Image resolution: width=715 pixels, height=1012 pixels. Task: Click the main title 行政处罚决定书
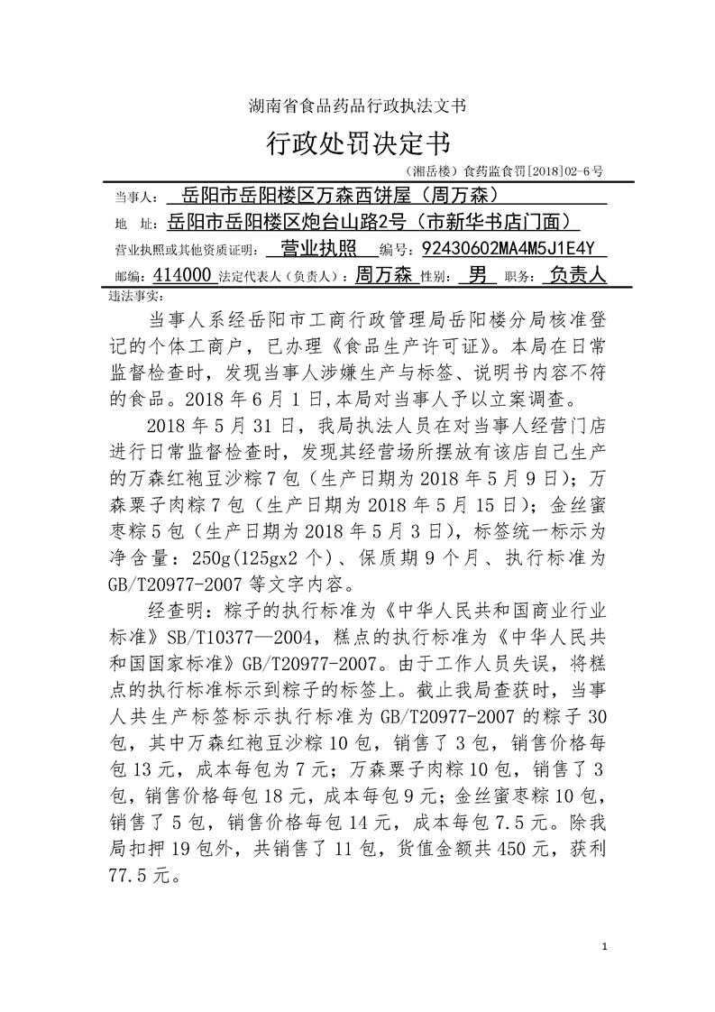pyautogui.click(x=357, y=141)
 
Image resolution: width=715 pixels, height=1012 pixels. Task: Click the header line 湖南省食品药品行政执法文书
pyautogui.click(x=357, y=106)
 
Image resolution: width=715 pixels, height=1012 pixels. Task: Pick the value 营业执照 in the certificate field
pyautogui.click(x=318, y=249)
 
